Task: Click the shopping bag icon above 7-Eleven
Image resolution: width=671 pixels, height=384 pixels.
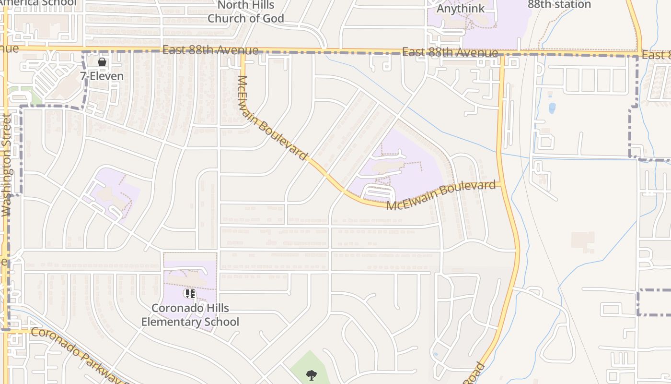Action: (102, 62)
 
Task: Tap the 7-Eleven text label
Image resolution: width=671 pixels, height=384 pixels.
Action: (102, 76)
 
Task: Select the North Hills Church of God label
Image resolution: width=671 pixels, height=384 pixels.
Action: (245, 12)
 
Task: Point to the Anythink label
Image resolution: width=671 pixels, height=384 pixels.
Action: (460, 8)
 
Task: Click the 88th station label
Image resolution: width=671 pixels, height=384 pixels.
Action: (559, 4)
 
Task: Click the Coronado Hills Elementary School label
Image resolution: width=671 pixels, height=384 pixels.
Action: (190, 315)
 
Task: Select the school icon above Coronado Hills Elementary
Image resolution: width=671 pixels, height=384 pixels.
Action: (190, 293)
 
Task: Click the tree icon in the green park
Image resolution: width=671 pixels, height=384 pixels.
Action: (312, 375)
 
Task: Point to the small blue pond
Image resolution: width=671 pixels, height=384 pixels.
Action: (552, 108)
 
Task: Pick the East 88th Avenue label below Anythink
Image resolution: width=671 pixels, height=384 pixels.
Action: (450, 52)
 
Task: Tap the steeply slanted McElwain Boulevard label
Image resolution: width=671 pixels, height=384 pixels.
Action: (271, 118)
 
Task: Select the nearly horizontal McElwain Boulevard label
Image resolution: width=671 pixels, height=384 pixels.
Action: (441, 195)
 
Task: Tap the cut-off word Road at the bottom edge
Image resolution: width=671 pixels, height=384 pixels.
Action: (474, 374)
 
